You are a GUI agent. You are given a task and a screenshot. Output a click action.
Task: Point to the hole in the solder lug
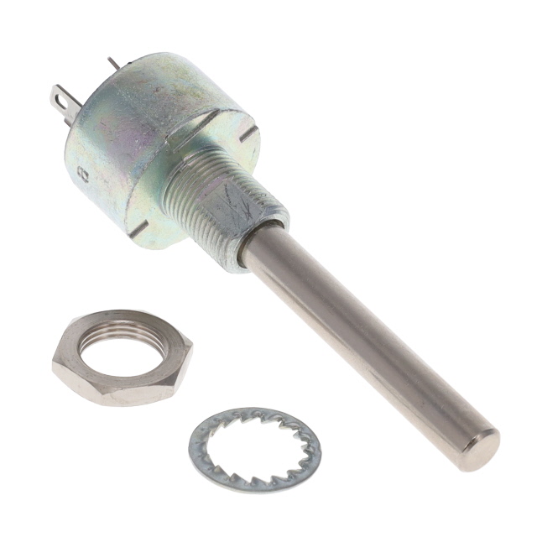(61, 100)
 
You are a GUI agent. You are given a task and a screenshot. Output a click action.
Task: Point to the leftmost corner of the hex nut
(53, 362)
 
